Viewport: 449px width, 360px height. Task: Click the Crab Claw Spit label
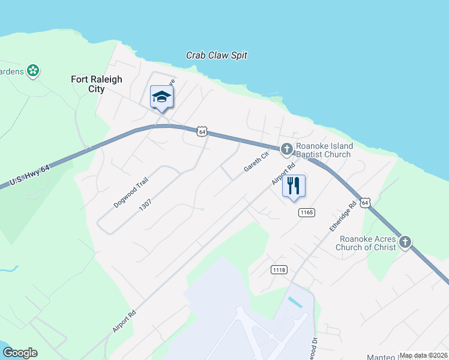click(x=217, y=55)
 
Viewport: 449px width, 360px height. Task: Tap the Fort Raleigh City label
click(x=96, y=84)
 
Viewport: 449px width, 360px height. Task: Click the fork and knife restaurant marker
click(x=294, y=186)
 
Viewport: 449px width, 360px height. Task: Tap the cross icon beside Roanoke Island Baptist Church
click(x=287, y=148)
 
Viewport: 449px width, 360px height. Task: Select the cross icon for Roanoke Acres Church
click(x=405, y=242)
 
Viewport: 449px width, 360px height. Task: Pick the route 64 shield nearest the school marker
click(x=202, y=131)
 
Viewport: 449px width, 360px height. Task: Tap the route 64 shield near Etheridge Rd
click(x=366, y=202)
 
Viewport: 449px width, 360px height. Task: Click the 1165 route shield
click(x=306, y=212)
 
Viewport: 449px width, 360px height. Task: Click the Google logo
click(x=20, y=353)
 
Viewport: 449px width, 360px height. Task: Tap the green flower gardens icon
click(x=34, y=71)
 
